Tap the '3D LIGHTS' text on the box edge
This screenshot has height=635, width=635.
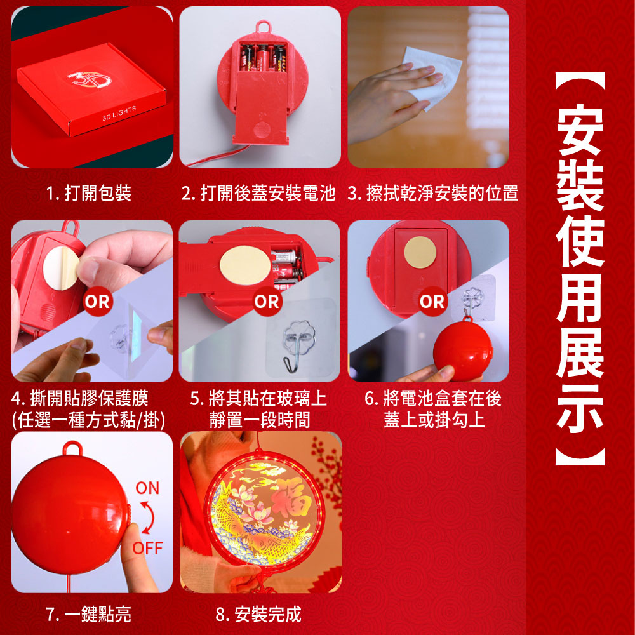pyautogui.click(x=119, y=114)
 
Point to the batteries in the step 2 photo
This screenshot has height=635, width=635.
pyautogui.click(x=264, y=57)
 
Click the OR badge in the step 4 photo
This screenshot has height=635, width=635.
pyautogui.click(x=98, y=301)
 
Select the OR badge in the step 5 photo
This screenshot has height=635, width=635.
pyautogui.click(x=267, y=301)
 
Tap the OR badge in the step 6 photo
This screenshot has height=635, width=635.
pyautogui.click(x=432, y=301)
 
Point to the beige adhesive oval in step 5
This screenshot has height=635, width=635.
pyautogui.click(x=245, y=265)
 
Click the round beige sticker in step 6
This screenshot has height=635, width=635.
pyautogui.click(x=420, y=252)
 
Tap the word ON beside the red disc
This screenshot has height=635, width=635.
pyautogui.click(x=147, y=488)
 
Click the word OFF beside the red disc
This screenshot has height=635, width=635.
pyautogui.click(x=147, y=548)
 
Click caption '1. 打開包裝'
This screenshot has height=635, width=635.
pyautogui.click(x=89, y=193)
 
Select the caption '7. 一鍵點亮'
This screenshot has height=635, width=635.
pyautogui.click(x=89, y=614)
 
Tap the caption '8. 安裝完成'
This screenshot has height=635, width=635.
pyautogui.click(x=258, y=614)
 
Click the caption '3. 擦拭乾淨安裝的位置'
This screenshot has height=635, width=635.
pyautogui.click(x=433, y=193)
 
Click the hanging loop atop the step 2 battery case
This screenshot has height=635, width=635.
pyautogui.click(x=264, y=27)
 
